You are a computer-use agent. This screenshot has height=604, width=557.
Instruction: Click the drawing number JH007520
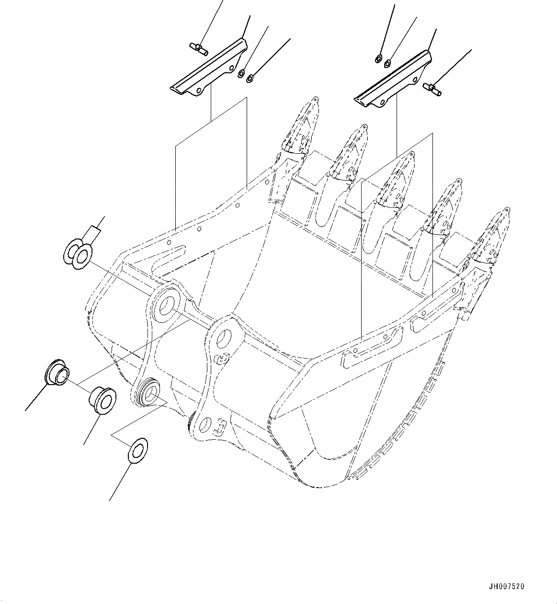[507, 586]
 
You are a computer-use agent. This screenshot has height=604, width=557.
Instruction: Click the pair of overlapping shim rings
[77, 253]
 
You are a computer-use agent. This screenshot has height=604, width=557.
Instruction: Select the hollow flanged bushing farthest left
[57, 372]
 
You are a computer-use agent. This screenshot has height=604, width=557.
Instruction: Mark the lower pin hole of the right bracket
[205, 424]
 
